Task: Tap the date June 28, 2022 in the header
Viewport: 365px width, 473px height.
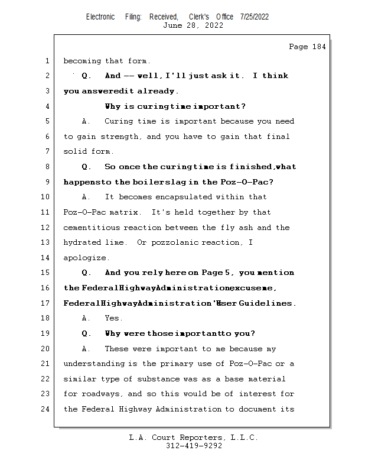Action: pos(193,25)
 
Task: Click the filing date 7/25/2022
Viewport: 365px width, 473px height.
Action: pos(254,17)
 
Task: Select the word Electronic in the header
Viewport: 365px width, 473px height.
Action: pos(100,17)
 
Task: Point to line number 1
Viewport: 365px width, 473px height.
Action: pos(46,61)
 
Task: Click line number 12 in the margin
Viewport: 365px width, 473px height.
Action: pos(46,228)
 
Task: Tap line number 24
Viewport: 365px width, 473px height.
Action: pos(46,409)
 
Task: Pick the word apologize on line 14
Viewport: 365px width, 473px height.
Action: pos(85,258)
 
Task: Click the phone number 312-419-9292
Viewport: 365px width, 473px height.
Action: pos(193,446)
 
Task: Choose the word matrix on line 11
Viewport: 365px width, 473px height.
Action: pos(125,212)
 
